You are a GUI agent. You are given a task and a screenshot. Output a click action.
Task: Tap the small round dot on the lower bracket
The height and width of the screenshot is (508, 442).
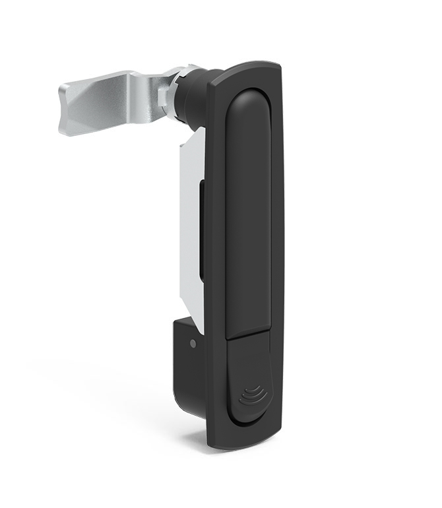(192, 344)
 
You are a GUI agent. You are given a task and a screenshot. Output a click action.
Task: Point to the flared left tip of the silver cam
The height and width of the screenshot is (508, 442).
(67, 109)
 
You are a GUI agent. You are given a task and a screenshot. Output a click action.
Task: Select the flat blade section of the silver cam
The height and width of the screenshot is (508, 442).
(99, 106)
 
